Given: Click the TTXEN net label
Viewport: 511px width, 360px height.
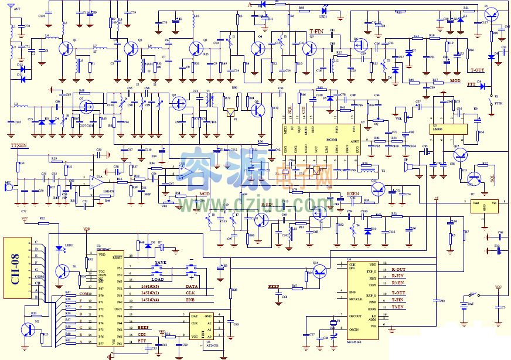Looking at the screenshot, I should point(19,144).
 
